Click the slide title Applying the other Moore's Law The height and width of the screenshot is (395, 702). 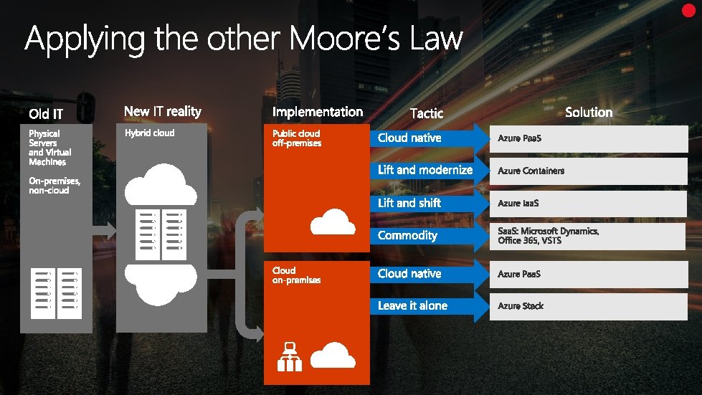tap(244, 39)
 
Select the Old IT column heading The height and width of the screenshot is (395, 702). tap(46, 113)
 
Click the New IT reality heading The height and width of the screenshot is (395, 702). tap(163, 111)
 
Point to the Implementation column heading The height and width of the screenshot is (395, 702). tap(318, 112)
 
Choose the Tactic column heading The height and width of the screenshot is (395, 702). tap(427, 113)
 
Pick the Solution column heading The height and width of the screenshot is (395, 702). tap(589, 112)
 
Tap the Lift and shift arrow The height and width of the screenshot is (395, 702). tap(423, 204)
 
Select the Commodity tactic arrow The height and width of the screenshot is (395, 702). tap(423, 236)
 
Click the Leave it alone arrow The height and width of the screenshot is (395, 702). tap(423, 306)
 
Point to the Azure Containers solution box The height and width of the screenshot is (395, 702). tap(588, 171)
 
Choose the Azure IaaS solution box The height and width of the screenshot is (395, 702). tap(588, 204)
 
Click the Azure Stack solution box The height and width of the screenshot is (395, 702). tap(588, 306)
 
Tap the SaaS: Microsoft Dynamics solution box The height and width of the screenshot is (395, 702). tap(588, 236)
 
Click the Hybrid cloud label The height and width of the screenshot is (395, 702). tap(149, 133)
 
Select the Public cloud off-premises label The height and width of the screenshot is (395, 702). tap(296, 138)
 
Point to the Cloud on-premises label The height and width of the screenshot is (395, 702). tap(296, 275)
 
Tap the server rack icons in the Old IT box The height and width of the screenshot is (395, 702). tap(56, 290)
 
